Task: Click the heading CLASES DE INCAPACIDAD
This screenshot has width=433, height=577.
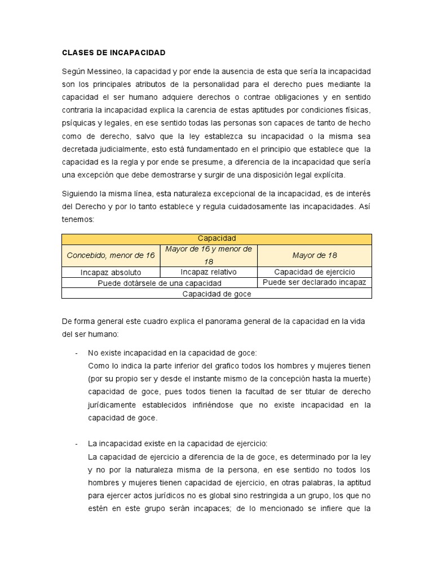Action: click(x=113, y=52)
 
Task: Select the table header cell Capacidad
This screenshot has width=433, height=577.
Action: click(x=216, y=238)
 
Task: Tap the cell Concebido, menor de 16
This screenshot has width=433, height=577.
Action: click(x=111, y=255)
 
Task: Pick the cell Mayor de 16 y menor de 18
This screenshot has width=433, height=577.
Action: click(x=209, y=255)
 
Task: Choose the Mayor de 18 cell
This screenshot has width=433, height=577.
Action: click(x=315, y=255)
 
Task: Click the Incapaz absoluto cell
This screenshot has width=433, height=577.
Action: click(x=111, y=272)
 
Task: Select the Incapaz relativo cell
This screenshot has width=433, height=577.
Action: click(x=209, y=272)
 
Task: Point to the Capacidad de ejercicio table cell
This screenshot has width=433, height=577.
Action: click(x=315, y=272)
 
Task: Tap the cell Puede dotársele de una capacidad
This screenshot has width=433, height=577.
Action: click(x=160, y=283)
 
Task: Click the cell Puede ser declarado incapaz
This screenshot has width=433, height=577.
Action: click(x=315, y=282)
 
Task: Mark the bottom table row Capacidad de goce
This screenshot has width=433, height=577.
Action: click(x=216, y=294)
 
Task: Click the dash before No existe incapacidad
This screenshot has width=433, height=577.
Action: click(x=76, y=353)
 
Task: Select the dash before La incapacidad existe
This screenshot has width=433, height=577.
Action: click(x=76, y=443)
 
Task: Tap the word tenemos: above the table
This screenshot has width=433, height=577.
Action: click(x=78, y=219)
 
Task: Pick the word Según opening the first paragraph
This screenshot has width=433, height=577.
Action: click(x=73, y=72)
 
